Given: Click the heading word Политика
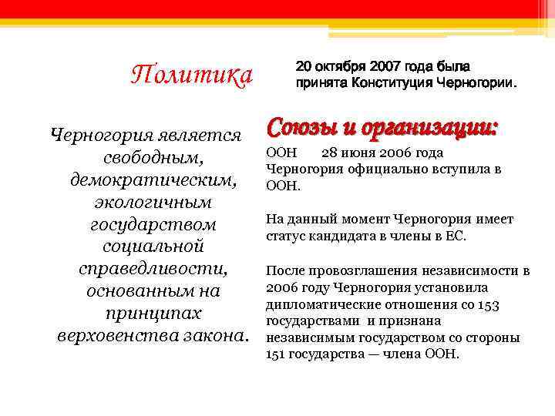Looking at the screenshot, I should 192,75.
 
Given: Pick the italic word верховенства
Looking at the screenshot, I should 111,337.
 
